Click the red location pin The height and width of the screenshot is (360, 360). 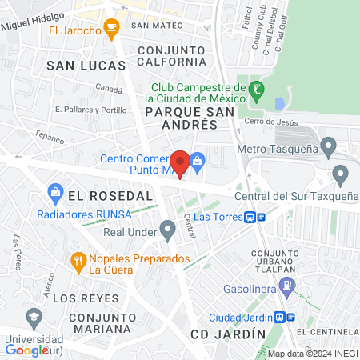pos(181,164)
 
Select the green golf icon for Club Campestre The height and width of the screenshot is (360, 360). pos(256,89)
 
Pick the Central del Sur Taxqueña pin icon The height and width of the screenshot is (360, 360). pos(340,174)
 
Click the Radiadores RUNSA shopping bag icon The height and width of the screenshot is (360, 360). pos(55,193)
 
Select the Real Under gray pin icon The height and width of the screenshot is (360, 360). pos(168,231)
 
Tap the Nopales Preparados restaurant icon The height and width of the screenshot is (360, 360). pos(78,260)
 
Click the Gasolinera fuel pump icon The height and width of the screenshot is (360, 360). pos(290,286)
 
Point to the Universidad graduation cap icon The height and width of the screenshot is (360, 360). pos(34,318)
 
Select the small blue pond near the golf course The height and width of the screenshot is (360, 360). pos(278,104)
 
